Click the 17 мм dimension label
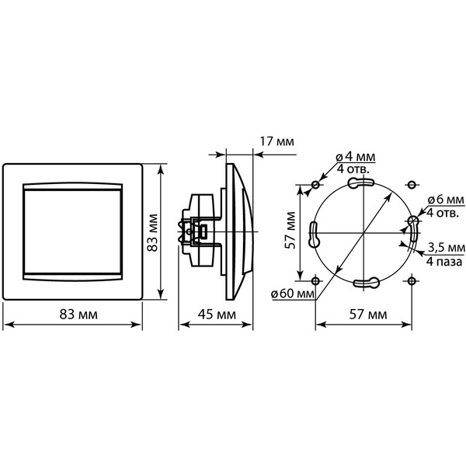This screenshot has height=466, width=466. point(276,141)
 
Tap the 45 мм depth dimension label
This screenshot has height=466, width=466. point(217,314)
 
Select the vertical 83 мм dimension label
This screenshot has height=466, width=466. point(153,233)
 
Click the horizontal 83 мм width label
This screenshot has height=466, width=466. point(78,314)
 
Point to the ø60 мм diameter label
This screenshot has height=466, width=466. point(293,294)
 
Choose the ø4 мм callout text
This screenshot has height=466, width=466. point(356,157)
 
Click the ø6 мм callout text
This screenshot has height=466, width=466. point(446,200)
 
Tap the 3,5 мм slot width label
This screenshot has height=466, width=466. point(447,247)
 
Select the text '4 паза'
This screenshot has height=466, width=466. point(444,262)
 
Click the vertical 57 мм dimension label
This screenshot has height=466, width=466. point(290,231)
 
